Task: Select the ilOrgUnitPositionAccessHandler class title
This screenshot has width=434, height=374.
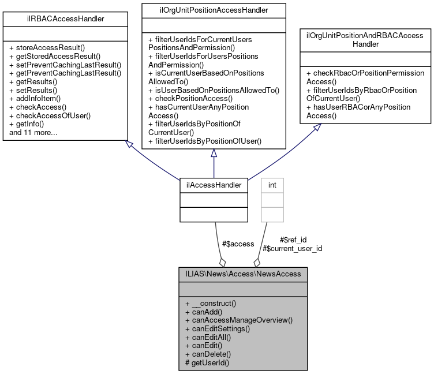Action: pyautogui.click(x=214, y=9)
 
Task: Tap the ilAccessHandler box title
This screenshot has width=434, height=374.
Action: pyautogui.click(x=214, y=185)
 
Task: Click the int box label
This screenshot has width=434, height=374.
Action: pyautogui.click(x=272, y=185)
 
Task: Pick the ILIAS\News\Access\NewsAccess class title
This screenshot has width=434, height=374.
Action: pyautogui.click(x=247, y=273)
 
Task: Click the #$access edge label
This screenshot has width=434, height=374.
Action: pyautogui.click(x=238, y=244)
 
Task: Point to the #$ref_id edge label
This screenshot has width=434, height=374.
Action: pyautogui.click(x=293, y=240)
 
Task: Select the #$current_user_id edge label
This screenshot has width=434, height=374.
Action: pyautogui.click(x=292, y=248)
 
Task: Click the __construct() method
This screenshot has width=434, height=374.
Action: pyautogui.click(x=212, y=304)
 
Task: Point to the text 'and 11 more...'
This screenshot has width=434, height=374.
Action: pyautogui.click(x=33, y=133)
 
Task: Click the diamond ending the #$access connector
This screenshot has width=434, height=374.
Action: pyautogui.click(x=222, y=263)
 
